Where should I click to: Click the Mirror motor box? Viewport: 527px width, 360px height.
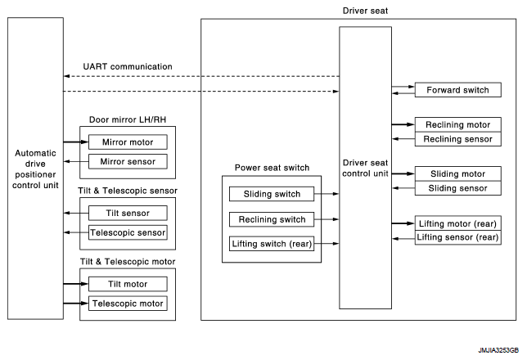tap(128, 142)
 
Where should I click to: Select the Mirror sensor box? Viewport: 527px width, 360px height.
tap(128, 162)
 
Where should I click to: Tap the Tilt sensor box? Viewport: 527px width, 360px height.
tap(128, 213)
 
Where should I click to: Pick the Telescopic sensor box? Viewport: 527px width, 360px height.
tap(128, 232)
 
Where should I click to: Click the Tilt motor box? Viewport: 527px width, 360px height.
tap(128, 284)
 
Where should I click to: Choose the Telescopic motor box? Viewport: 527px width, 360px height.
tap(128, 304)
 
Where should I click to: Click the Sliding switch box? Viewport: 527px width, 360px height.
tap(272, 194)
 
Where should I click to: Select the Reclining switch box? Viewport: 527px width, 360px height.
tap(272, 219)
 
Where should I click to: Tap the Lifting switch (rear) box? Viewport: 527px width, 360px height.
tap(272, 244)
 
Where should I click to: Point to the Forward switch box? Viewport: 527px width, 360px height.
tap(457, 90)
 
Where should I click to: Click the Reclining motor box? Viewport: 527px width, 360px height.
tap(457, 124)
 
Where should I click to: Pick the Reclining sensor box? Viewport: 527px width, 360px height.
tap(457, 139)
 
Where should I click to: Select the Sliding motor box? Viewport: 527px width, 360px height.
tap(457, 173)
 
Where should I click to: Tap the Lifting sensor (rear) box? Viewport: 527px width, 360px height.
tap(457, 237)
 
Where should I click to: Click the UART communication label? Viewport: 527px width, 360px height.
tap(128, 66)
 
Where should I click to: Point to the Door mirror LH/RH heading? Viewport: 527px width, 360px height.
tap(128, 119)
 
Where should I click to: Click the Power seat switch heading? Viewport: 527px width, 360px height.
tap(272, 168)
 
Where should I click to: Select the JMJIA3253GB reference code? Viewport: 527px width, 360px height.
tap(498, 350)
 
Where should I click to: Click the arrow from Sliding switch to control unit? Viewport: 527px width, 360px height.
tap(327, 194)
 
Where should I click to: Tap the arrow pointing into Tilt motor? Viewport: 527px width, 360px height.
tap(76, 284)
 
